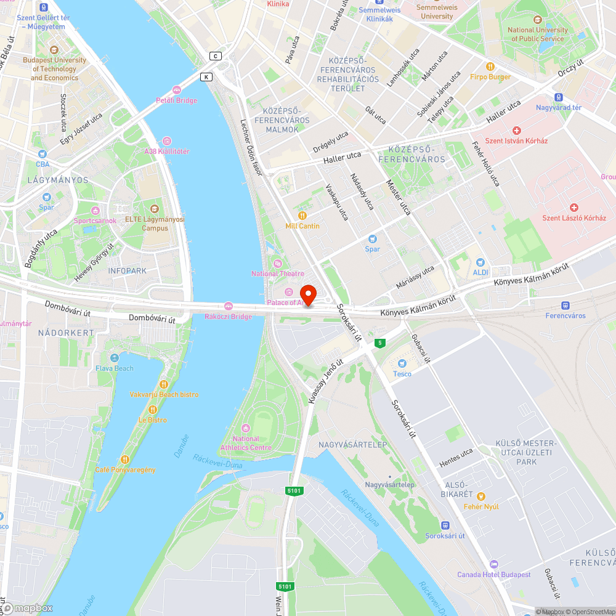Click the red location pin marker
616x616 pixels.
(307, 294)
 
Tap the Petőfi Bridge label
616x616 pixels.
(176, 100)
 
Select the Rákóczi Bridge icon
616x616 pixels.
(229, 306)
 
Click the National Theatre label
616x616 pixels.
(278, 274)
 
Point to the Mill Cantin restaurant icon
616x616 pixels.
(302, 216)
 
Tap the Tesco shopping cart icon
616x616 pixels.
(402, 363)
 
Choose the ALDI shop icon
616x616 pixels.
(480, 262)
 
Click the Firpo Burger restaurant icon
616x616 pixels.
(490, 67)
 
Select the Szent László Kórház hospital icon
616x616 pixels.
(574, 208)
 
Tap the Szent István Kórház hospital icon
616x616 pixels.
(516, 131)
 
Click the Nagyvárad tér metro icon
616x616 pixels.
(559, 97)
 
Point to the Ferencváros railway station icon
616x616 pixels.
(565, 306)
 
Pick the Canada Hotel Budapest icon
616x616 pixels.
(493, 564)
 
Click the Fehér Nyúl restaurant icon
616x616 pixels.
(481, 496)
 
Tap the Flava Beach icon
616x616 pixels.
(114, 358)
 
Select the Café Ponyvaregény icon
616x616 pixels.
(125, 459)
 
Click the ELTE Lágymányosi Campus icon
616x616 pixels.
(155, 208)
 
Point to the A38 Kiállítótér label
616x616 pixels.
(167, 152)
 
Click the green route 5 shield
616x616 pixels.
(381, 342)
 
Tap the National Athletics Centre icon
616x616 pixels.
(246, 428)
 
